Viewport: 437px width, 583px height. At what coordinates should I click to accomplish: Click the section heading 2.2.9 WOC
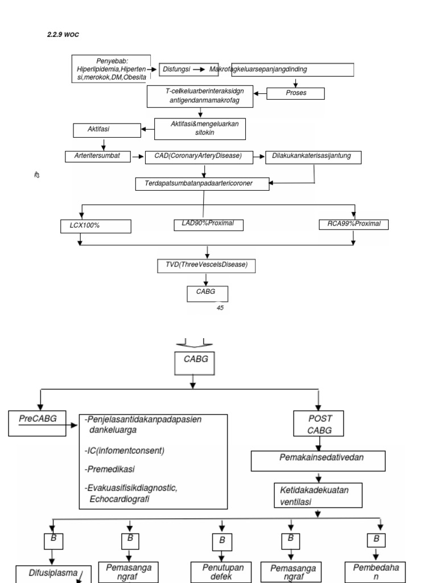pyautogui.click(x=63, y=35)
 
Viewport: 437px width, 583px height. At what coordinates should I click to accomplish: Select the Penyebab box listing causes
pyautogui.click(x=111, y=69)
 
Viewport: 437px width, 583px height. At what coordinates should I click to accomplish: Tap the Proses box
pyautogui.click(x=296, y=93)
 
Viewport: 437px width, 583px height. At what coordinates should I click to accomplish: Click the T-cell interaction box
pyautogui.click(x=200, y=96)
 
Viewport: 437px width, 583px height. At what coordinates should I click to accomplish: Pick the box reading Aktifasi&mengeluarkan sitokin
pyautogui.click(x=200, y=128)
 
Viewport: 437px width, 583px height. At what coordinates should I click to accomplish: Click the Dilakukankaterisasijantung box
pyautogui.click(x=313, y=157)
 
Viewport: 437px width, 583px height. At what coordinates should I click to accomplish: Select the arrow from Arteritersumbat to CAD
pyautogui.click(x=138, y=156)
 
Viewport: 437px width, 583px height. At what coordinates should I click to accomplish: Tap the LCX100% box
pyautogui.click(x=96, y=226)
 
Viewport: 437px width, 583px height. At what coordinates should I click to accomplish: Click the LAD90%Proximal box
pyautogui.click(x=208, y=224)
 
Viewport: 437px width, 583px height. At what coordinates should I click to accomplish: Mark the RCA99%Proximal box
pyautogui.click(x=354, y=224)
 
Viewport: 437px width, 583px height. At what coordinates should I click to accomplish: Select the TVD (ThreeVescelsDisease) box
pyautogui.click(x=206, y=265)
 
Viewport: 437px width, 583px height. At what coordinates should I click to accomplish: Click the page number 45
pyautogui.click(x=220, y=308)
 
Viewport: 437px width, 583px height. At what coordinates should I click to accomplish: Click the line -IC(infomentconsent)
pyautogui.click(x=125, y=451)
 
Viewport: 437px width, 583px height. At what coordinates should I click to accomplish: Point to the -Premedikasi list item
pyautogui.click(x=110, y=470)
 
